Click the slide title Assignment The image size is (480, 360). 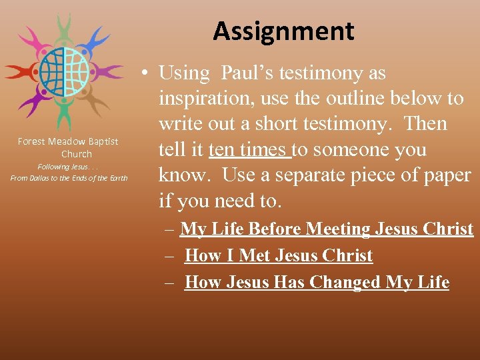(283, 31)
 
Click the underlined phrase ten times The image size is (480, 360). (249, 150)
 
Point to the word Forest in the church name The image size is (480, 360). (31, 141)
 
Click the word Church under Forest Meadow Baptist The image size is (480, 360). (76, 154)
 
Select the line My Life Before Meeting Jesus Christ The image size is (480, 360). (326, 229)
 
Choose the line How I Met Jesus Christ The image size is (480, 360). (278, 256)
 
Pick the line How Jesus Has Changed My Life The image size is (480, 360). (317, 283)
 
